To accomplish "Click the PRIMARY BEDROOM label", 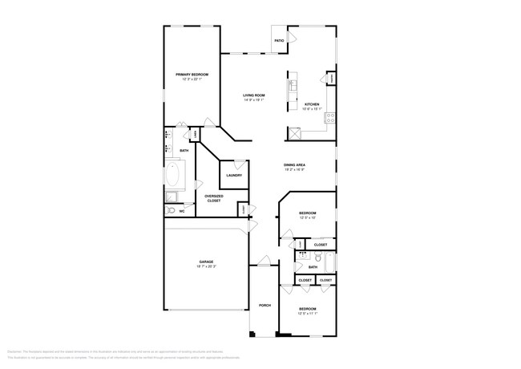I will tap(192, 75).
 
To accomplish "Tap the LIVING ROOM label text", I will tap(254, 95).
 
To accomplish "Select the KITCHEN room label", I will tap(312, 104).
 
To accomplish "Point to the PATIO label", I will tap(279, 40).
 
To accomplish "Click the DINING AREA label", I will tap(294, 165).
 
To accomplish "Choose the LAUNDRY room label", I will tap(234, 175).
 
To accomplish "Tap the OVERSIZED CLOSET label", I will tap(214, 198).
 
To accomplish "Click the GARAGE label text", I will tap(206, 262).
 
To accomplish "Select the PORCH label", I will tap(265, 306).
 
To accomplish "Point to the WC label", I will tap(182, 211).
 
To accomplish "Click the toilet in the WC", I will tap(170, 211).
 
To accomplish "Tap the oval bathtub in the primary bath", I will tap(174, 174).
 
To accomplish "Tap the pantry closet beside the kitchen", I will tap(331, 78).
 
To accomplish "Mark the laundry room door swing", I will tap(239, 164).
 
